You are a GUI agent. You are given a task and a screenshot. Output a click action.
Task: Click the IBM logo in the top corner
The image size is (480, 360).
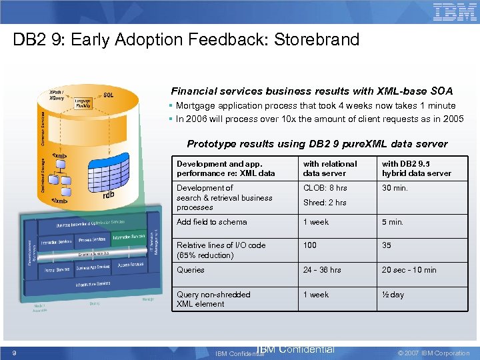[455, 12]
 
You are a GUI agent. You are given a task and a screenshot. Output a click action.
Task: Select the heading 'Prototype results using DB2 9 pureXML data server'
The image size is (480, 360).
[317, 143]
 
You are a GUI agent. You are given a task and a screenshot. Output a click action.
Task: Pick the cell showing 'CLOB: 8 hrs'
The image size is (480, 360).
[325, 188]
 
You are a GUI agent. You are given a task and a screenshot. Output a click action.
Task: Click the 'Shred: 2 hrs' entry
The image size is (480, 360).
[325, 203]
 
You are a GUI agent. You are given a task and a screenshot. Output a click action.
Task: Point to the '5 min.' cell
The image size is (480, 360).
[393, 222]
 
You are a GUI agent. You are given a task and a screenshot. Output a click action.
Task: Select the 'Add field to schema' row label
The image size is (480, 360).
[211, 222]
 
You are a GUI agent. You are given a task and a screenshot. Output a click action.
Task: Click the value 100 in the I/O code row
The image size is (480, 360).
[310, 245]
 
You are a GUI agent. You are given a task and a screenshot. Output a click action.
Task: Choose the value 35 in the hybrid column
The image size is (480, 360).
[387, 245]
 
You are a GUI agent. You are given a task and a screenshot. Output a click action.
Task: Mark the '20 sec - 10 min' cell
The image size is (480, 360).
[409, 270]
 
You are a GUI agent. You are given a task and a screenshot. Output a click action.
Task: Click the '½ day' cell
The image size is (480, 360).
[393, 295]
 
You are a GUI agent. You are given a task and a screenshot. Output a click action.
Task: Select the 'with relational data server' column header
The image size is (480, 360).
[330, 168]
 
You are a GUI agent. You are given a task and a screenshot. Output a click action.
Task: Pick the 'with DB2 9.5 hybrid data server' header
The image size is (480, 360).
[416, 168]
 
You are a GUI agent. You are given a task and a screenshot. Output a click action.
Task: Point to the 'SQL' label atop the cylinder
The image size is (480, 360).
[108, 95]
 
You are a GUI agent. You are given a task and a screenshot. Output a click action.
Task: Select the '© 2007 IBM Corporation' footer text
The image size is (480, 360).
[433, 353]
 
